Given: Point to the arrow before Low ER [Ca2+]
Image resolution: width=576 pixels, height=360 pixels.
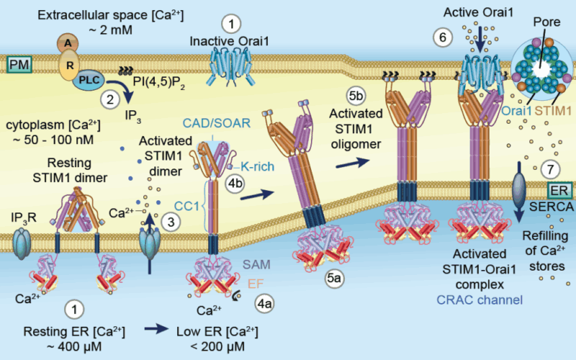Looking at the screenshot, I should (155, 330).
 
